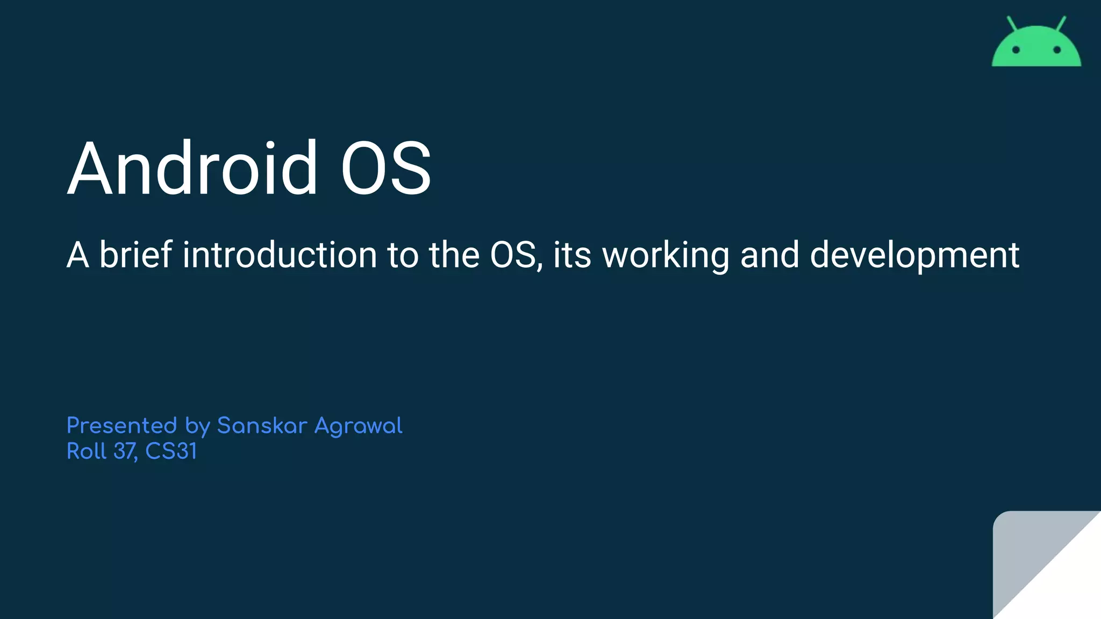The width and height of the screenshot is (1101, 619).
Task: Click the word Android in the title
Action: [x=192, y=168]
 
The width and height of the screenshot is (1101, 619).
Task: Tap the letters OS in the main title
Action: [x=385, y=168]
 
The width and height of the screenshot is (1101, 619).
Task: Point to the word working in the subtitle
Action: [x=666, y=255]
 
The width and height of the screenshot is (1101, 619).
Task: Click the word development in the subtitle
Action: [x=914, y=255]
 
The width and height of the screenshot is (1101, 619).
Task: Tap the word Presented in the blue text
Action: [x=121, y=426]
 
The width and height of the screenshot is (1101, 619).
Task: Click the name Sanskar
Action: [x=262, y=426]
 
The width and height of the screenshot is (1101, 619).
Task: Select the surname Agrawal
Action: [x=358, y=427]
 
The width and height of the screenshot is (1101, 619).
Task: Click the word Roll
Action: [x=87, y=451]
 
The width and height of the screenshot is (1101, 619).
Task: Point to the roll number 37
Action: [x=125, y=451]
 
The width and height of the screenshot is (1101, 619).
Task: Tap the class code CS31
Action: [x=171, y=451]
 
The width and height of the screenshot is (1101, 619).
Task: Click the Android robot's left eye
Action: [x=1016, y=50]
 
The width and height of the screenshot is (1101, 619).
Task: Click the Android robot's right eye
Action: [x=1057, y=50]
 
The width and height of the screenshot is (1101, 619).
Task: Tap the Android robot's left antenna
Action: [x=1012, y=24]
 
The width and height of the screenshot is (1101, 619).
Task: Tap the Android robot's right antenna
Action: [x=1061, y=24]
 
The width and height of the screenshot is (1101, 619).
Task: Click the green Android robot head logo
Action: [x=1036, y=48]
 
